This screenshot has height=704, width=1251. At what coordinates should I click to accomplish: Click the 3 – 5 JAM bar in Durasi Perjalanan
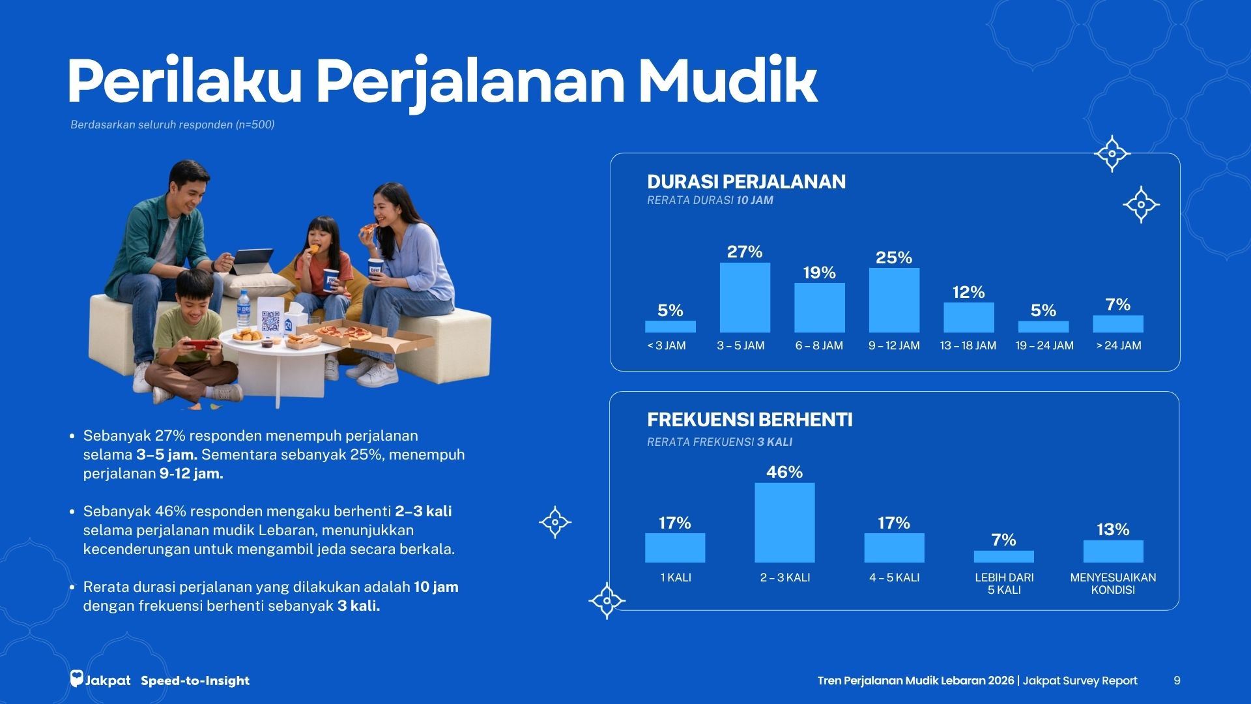coord(745,298)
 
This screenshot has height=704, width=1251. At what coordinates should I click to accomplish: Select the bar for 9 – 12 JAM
coord(894,301)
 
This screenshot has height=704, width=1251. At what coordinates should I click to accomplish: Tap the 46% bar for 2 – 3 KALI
coord(784,523)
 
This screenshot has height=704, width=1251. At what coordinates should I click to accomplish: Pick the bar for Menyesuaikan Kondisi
coord(1113,551)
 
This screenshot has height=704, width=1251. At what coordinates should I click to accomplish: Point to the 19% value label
coord(819,272)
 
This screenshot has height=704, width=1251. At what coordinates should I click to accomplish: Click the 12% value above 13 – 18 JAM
coord(968,292)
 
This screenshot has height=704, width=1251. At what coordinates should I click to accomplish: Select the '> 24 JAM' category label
coord(1119,345)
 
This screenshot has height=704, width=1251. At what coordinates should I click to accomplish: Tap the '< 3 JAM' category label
coord(667,345)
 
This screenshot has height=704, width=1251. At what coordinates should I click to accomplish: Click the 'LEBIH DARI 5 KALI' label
coord(1004,583)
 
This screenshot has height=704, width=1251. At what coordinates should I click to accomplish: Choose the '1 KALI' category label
coord(676,578)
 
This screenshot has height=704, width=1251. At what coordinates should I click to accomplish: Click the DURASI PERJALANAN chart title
coord(747,181)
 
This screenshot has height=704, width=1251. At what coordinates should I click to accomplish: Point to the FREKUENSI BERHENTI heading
coord(750,420)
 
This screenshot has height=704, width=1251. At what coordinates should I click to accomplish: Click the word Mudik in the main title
coord(727,81)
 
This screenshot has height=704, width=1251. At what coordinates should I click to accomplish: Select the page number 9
coord(1177,681)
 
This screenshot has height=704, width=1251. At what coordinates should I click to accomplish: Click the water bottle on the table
coord(244,310)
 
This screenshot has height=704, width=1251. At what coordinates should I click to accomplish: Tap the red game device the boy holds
coord(201,344)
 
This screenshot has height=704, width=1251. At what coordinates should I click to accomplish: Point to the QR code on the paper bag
coord(270,321)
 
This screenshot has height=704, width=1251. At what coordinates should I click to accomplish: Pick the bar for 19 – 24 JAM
coord(1043,327)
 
